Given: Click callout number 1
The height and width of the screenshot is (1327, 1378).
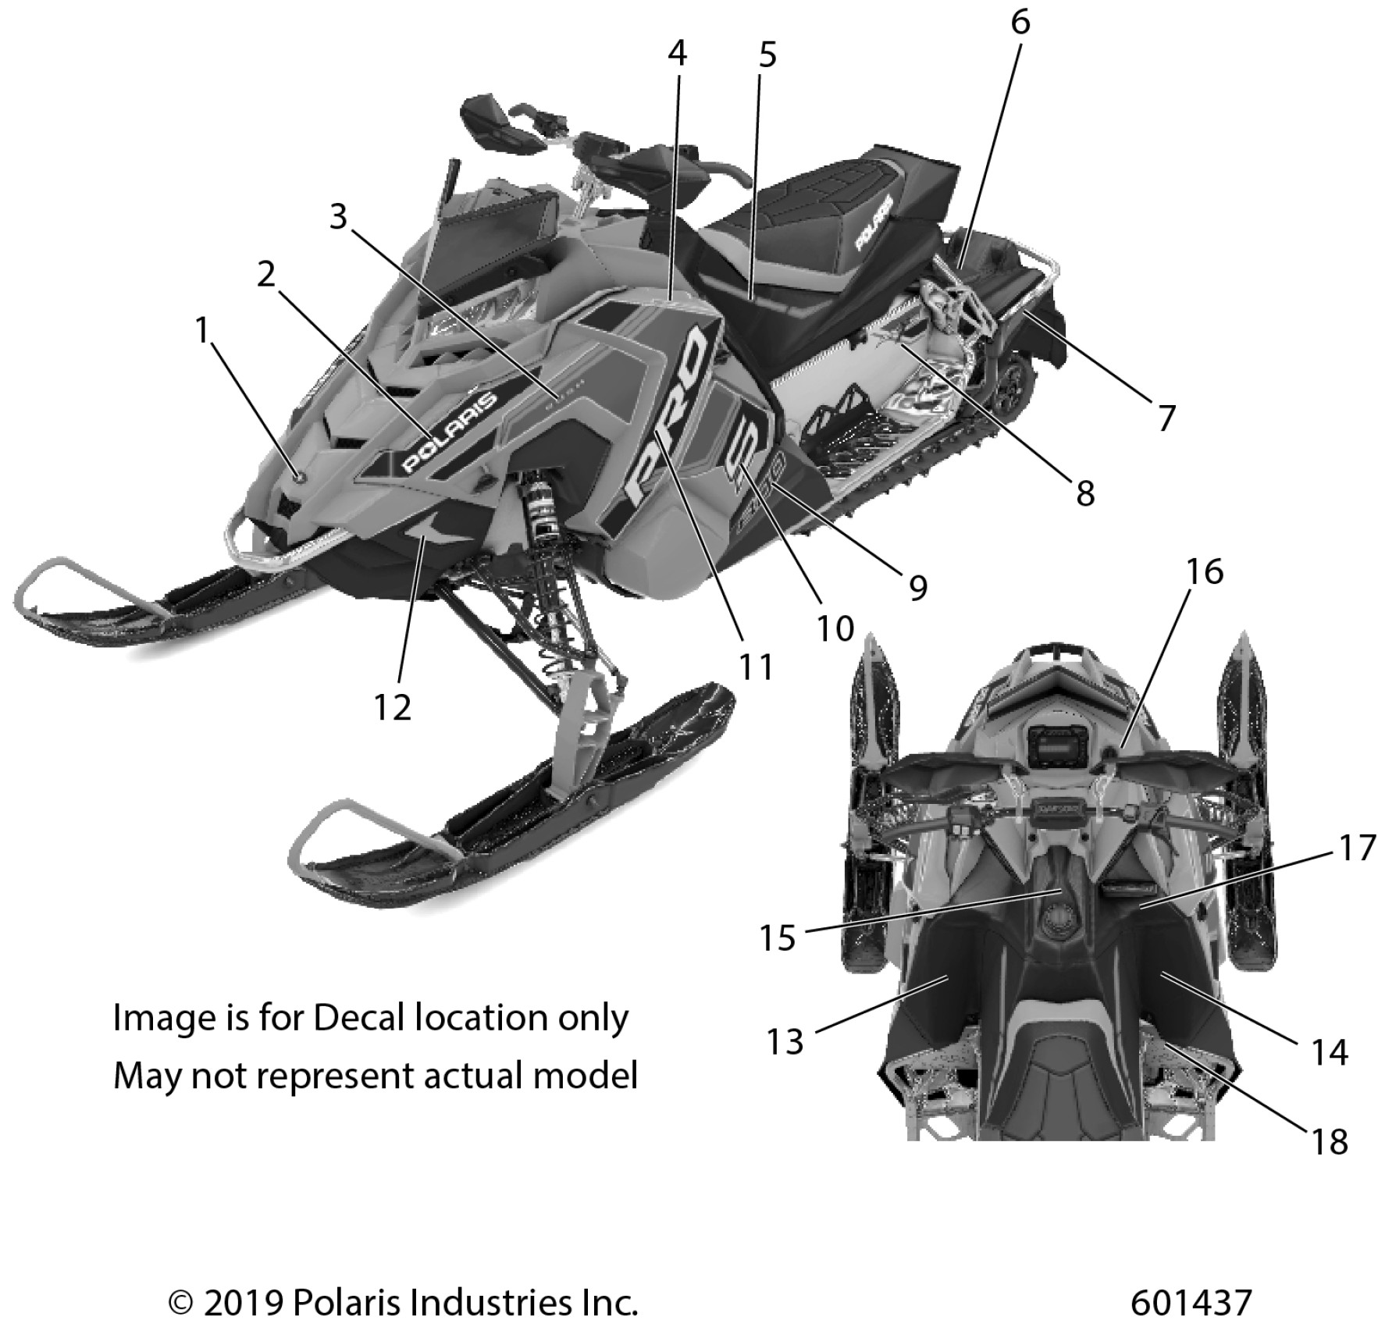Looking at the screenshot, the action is pyautogui.click(x=203, y=331).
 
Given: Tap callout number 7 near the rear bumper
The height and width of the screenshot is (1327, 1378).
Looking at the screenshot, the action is pyautogui.click(x=1166, y=418).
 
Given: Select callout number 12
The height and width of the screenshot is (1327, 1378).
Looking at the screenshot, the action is pyautogui.click(x=392, y=707).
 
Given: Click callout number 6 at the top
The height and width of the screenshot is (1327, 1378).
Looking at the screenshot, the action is pyautogui.click(x=1020, y=23).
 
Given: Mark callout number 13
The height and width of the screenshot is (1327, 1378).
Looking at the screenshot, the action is pyautogui.click(x=785, y=1041).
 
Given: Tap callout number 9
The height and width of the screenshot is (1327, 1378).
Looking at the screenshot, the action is pyautogui.click(x=918, y=587).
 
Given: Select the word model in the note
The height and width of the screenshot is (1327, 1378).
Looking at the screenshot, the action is pyautogui.click(x=599, y=1076).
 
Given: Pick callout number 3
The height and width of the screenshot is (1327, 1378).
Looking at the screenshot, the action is pyautogui.click(x=337, y=217).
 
